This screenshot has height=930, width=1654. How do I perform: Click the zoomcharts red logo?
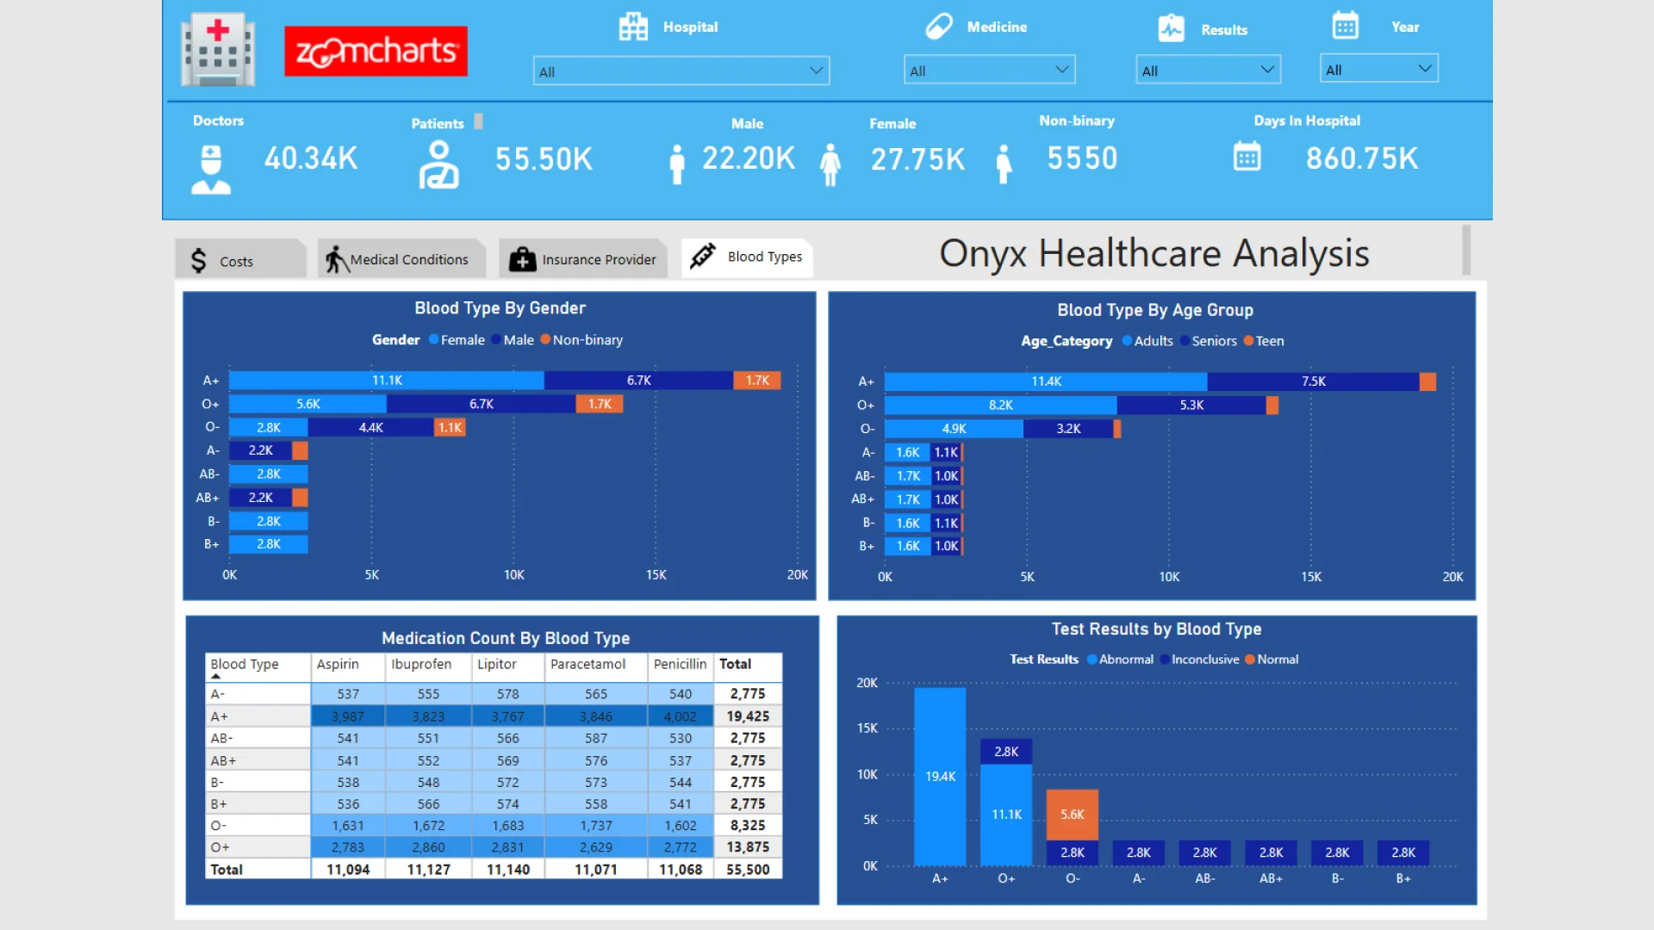[376, 52]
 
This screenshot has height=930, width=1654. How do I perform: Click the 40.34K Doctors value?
[310, 158]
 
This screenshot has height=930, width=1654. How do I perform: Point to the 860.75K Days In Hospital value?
[1361, 158]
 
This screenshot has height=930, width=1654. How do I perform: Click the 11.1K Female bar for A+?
[387, 381]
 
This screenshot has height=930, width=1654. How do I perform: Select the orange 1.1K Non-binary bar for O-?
[450, 428]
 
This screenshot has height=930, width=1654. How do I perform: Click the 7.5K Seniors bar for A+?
[1313, 381]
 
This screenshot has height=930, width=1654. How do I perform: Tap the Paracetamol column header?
[588, 664]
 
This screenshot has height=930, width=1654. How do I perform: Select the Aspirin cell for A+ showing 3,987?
[348, 716]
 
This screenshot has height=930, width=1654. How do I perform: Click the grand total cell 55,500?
[747, 870]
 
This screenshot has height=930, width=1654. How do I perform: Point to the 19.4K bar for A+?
[940, 776]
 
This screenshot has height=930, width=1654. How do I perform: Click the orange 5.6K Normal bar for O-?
[1073, 815]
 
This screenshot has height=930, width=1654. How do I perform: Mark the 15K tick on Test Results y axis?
[867, 728]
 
